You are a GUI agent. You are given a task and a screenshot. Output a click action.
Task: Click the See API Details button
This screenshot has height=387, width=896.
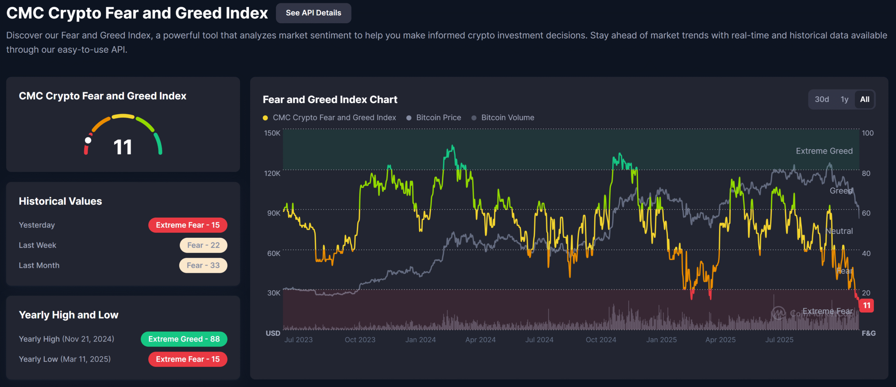coord(313,13)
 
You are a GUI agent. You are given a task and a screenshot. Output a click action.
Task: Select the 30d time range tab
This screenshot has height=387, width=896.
coord(821,100)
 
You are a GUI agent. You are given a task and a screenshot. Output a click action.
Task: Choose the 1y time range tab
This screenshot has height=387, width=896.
coord(844,100)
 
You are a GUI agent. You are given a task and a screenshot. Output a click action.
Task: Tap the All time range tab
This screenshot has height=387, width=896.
coord(864,100)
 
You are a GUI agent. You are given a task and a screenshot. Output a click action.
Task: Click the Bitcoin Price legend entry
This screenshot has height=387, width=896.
coord(438,118)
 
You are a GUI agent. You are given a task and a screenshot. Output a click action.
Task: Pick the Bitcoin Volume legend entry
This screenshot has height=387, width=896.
coord(507,118)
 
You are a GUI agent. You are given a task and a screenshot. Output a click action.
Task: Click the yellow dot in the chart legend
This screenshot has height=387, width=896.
coord(265,118)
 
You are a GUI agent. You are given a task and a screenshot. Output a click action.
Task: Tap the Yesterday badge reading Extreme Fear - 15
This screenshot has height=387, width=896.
coord(188,225)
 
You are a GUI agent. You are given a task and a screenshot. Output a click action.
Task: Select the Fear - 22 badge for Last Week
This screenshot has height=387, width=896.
coord(203,245)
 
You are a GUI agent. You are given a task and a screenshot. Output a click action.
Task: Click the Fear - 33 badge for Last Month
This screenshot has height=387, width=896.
coord(203,266)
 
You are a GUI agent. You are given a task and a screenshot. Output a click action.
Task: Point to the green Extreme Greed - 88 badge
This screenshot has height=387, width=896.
coord(184,339)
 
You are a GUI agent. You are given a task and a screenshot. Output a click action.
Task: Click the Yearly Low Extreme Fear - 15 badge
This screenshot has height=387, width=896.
coord(188,359)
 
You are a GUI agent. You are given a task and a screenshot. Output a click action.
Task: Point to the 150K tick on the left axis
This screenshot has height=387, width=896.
coord(272,133)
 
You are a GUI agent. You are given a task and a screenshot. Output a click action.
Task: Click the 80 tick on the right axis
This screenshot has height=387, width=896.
coord(866,174)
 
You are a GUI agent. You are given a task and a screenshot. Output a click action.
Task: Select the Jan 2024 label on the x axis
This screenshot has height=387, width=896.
coord(420,340)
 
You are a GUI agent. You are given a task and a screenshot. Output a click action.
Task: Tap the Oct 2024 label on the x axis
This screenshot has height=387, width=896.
coord(601,340)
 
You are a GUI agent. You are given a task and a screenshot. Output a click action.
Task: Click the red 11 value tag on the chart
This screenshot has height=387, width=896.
coord(867,306)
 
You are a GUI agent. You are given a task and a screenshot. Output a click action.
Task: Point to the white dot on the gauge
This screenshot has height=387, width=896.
coord(88,140)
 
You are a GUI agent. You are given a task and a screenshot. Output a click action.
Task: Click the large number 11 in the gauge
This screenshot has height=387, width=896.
coord(123,147)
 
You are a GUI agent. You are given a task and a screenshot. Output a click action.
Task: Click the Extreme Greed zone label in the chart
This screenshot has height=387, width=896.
coord(824,151)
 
